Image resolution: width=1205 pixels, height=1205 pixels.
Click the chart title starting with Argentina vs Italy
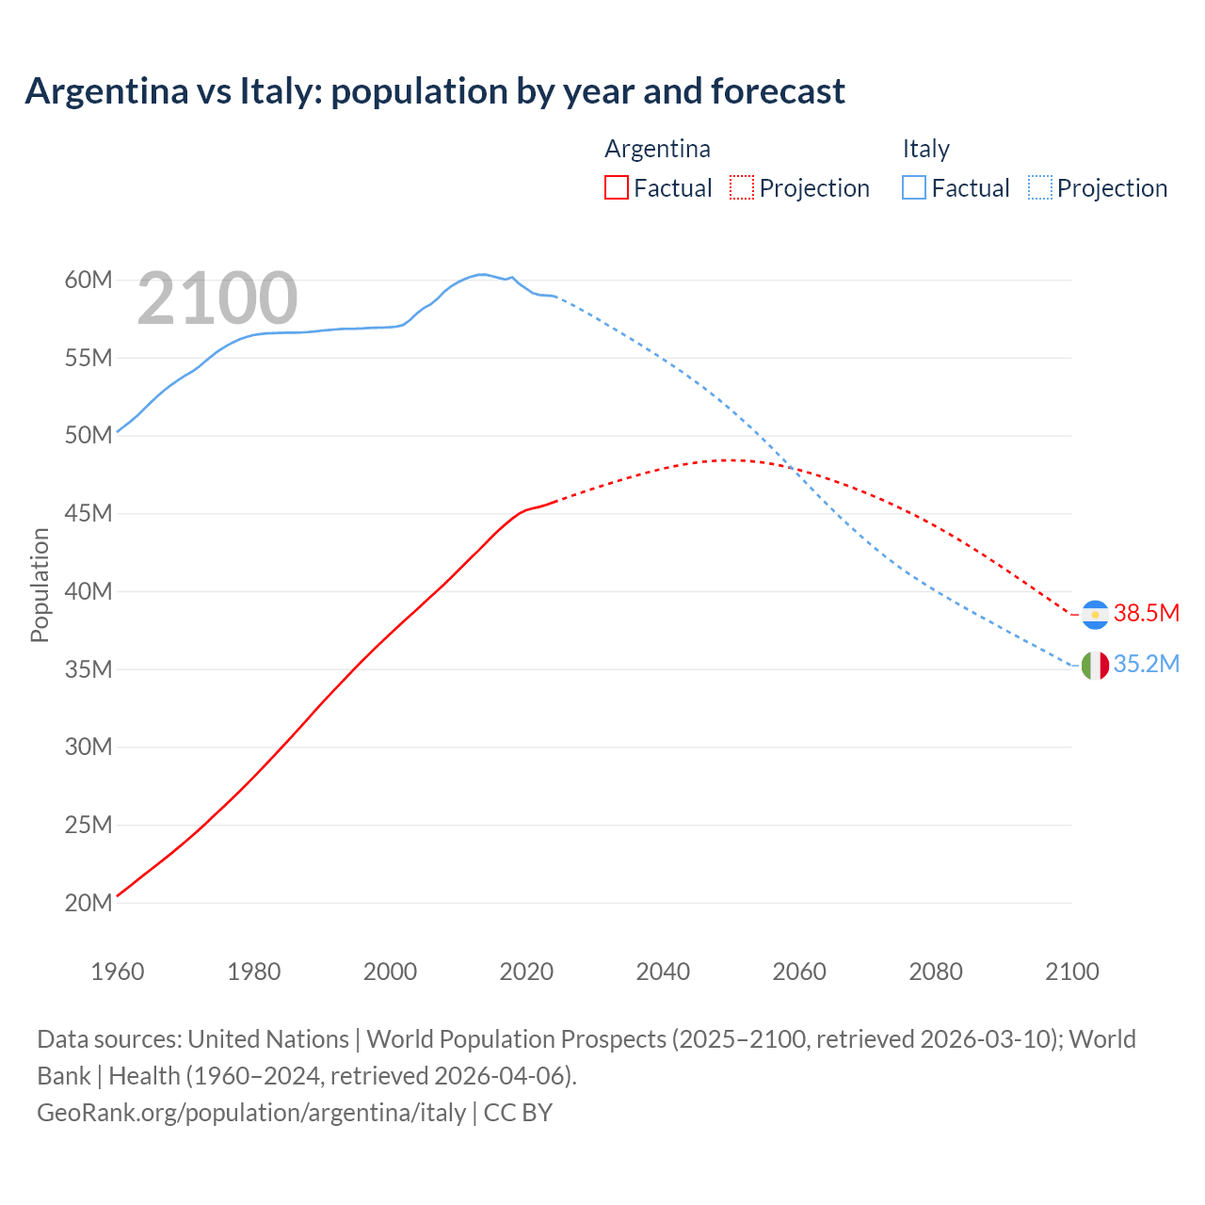434,91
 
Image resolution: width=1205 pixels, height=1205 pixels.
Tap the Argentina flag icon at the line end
1094,614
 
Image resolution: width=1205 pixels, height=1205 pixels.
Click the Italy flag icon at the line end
1094,666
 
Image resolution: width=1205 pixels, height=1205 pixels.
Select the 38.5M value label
1146,613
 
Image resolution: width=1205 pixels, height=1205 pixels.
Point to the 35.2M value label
1146,665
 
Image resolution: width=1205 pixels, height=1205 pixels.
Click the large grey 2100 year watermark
217,298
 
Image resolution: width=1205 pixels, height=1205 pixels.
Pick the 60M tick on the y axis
88,280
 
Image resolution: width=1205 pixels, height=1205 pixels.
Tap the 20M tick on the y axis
88,903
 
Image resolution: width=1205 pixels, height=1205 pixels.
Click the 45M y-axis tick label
88,513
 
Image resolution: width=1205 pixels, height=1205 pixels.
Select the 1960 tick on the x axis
118,972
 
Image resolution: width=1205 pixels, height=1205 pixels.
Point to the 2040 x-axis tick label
663,972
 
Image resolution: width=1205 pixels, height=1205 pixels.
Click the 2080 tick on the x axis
936,972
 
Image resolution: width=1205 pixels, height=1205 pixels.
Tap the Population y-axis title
40,585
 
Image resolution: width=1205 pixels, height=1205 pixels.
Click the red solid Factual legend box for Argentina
616,188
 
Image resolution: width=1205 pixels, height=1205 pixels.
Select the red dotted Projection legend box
742,188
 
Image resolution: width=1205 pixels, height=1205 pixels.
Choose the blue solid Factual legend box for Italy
914,188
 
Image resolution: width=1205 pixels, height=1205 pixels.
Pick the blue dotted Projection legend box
1039,188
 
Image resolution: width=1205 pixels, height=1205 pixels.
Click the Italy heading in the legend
925,149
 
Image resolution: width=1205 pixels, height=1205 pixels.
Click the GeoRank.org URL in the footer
251,1113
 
